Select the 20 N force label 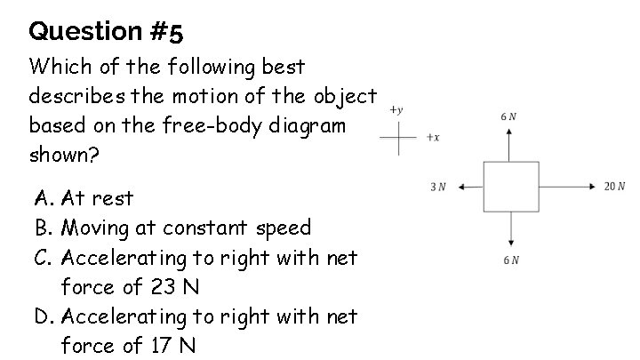tap(615, 187)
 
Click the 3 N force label tap(437, 187)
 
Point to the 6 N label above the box tap(508, 116)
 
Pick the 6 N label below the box tap(510, 260)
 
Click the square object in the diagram tap(510, 188)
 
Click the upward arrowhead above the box tap(510, 132)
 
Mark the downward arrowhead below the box tap(510, 243)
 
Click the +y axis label tap(396, 110)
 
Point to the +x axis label tap(433, 138)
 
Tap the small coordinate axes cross tap(399, 138)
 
